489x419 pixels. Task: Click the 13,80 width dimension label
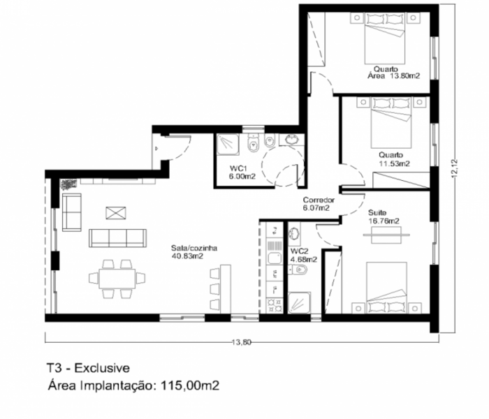[x=242, y=342]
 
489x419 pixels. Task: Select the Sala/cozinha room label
[x=194, y=248]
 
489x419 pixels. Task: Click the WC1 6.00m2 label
[x=242, y=172]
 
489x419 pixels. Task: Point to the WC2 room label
[x=299, y=251]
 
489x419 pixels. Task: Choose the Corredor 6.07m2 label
[x=319, y=204]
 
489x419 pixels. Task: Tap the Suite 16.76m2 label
[x=384, y=217]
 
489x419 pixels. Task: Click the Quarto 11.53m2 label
[x=394, y=159]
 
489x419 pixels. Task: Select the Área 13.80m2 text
[x=393, y=76]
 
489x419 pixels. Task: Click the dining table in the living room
[x=117, y=279]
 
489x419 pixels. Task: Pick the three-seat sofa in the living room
[x=117, y=239]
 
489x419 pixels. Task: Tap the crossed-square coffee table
[x=116, y=213]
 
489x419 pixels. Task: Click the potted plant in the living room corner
[x=68, y=184]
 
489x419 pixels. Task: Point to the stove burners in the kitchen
[x=275, y=305]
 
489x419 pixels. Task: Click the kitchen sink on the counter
[x=275, y=258]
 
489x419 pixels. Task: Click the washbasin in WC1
[x=291, y=140]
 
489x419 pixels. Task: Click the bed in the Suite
[x=386, y=287]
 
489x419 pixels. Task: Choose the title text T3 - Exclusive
[x=88, y=368]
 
